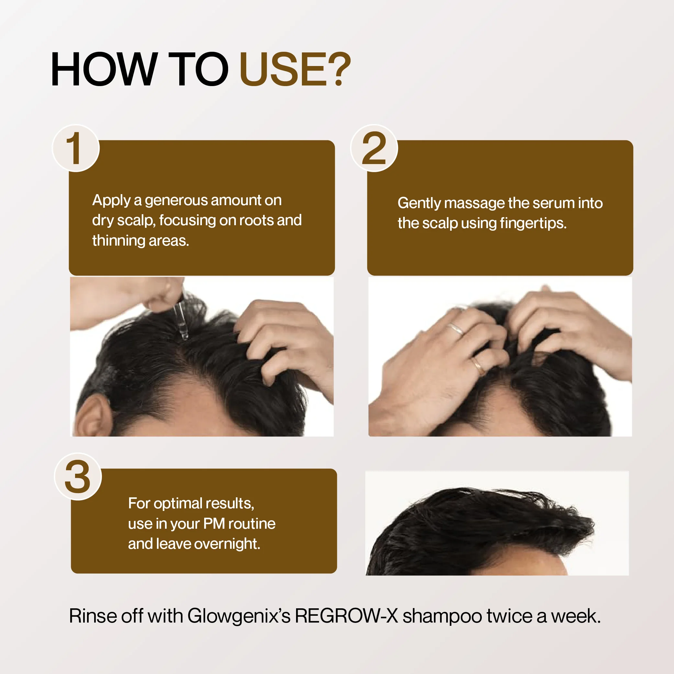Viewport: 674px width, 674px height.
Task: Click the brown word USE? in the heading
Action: tap(295, 69)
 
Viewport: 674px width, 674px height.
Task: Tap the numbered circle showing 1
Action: tap(76, 148)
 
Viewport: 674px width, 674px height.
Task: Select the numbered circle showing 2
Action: tap(374, 148)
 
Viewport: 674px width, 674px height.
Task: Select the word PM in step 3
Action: tap(214, 524)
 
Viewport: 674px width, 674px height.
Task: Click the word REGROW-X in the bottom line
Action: tap(346, 616)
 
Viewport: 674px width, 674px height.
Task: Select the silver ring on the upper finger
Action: tap(456, 329)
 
